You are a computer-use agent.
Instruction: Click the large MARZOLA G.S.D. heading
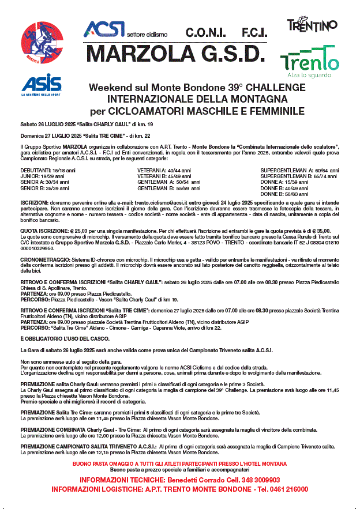click(175, 54)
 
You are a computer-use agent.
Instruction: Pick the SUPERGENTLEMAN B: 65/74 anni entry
click(299, 177)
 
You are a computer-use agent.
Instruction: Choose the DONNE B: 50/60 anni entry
click(283, 194)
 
